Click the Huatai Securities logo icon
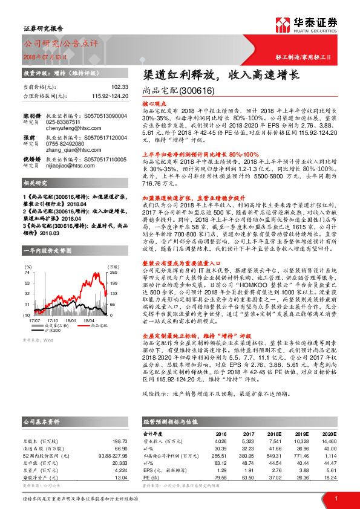pos(283,24)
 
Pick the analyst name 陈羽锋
pos(32,115)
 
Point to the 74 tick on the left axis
pos(28,273)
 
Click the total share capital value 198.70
pos(120,442)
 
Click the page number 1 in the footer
pos(335,498)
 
